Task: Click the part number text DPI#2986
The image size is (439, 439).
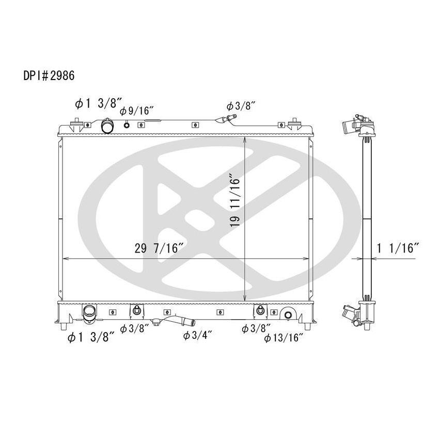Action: [x=49, y=75]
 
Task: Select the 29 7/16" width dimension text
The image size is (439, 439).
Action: [x=160, y=248]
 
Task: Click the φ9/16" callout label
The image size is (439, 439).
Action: [x=137, y=111]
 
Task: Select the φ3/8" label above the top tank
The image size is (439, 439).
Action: [x=241, y=106]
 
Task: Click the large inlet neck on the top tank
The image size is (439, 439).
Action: [x=107, y=126]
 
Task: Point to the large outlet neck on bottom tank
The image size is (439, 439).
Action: [x=89, y=313]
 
